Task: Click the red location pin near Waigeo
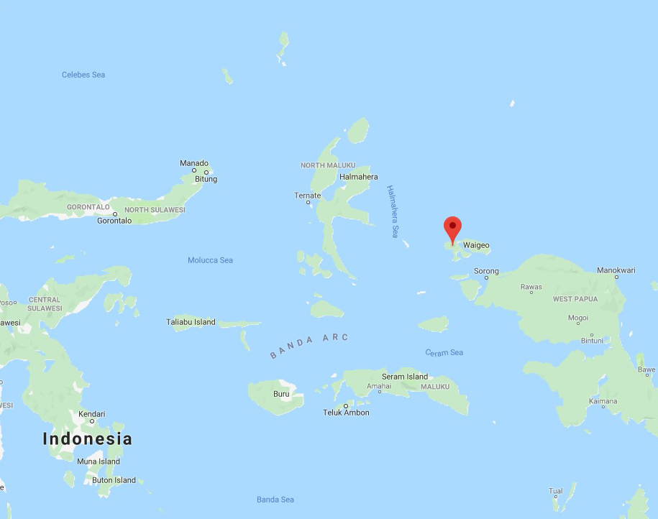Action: pos(452,228)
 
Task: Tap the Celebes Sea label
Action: pos(83,75)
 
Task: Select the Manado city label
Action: pos(194,163)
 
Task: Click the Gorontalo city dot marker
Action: pos(115,213)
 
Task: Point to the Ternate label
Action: pos(308,196)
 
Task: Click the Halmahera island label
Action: pos(358,177)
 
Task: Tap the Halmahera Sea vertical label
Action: pos(393,211)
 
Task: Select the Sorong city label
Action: pos(486,272)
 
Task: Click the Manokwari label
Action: pos(616,270)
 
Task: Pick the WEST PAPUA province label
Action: pos(575,298)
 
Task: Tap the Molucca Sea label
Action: pos(210,260)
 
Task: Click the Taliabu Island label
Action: pos(191,322)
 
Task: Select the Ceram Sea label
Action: pos(444,352)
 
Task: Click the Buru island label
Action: pos(281,394)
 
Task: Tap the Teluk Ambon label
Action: pos(346,413)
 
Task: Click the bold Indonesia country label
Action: pos(88,438)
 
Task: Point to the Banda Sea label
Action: pos(275,500)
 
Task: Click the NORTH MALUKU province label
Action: pos(328,165)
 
